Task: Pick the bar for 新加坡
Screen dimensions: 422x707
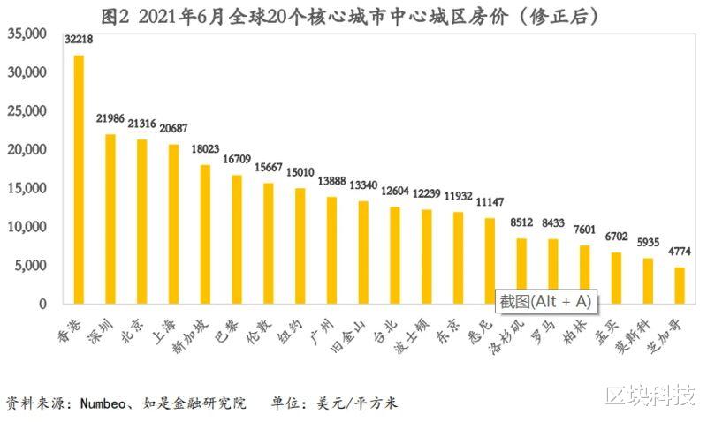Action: [x=205, y=234]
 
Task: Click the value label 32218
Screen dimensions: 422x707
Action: [x=79, y=41]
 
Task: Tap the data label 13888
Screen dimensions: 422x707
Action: [x=331, y=179]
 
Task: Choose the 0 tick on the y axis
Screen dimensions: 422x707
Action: [x=41, y=304]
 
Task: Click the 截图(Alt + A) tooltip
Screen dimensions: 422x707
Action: [x=544, y=301]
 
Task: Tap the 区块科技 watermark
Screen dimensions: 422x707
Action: [x=650, y=395]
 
